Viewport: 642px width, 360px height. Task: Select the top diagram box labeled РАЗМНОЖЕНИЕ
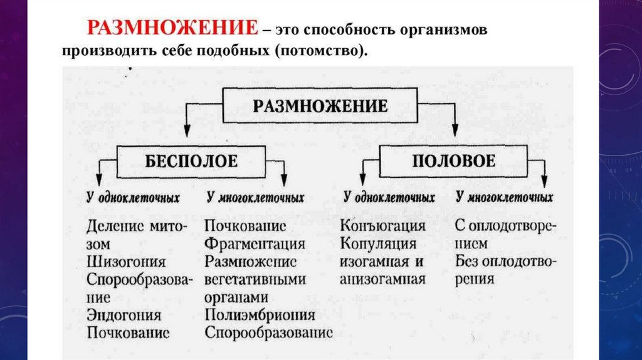[x=320, y=105]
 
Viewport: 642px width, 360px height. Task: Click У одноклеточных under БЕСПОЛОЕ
[x=133, y=198]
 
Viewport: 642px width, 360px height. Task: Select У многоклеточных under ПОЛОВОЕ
[x=505, y=198]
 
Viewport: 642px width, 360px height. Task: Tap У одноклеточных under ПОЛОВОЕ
[x=389, y=198]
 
